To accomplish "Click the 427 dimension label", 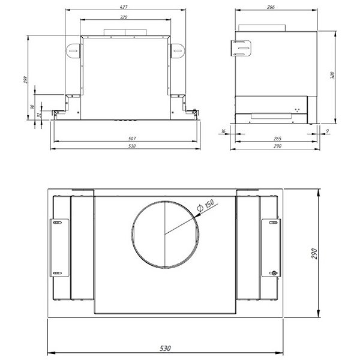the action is click(x=124, y=7).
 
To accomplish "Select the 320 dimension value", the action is click(x=124, y=17).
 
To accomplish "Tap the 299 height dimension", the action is click(x=25, y=80).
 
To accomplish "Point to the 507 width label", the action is click(x=132, y=139).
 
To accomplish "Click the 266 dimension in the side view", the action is click(x=271, y=7).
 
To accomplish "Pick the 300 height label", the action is click(x=332, y=76).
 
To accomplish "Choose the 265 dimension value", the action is click(x=277, y=139).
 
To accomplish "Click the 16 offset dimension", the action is click(x=223, y=131).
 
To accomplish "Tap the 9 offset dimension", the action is click(x=328, y=131).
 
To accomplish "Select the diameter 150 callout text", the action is click(x=206, y=205).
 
